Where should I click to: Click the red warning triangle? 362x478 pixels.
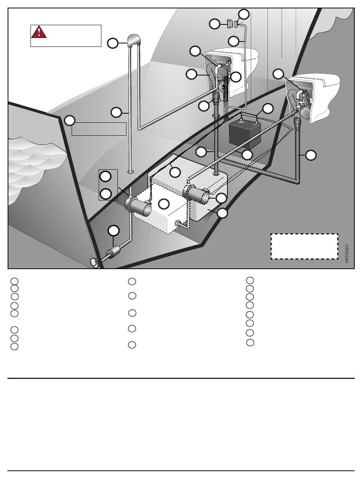[39, 32]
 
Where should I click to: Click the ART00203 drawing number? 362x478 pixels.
[347, 253]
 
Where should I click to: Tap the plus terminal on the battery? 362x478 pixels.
[242, 120]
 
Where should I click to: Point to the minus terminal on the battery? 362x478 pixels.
[257, 123]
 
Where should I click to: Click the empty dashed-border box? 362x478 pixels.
[304, 246]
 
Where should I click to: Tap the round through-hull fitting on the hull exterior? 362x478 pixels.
[94, 263]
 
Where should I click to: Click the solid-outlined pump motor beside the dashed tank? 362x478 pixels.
[138, 206]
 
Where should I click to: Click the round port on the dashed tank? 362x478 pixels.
[178, 223]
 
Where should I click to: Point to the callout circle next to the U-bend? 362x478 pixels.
[113, 43]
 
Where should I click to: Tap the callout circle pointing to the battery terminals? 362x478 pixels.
[268, 109]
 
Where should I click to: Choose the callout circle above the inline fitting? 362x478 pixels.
[114, 230]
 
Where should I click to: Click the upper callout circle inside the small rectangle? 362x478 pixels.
[105, 176]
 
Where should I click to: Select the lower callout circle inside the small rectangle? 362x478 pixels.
[106, 194]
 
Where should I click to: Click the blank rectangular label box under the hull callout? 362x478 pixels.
[99, 129]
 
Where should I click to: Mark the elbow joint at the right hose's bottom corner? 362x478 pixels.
[297, 181]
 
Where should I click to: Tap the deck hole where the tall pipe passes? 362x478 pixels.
[131, 172]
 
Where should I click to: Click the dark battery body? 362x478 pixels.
[245, 135]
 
